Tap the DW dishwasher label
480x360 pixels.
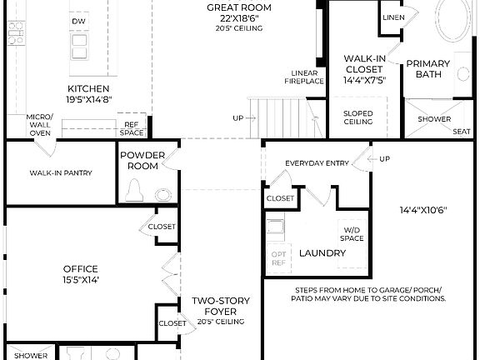point(78,21)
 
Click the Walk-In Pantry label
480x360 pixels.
point(61,173)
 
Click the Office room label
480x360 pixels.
point(81,269)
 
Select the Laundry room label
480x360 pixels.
point(317,252)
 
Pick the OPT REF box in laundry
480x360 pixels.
point(278,257)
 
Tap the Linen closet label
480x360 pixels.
point(393,17)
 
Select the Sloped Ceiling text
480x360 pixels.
point(358,117)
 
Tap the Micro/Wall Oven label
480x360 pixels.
point(39,125)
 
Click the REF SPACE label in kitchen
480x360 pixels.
point(132,128)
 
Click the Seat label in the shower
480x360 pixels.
point(461,131)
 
